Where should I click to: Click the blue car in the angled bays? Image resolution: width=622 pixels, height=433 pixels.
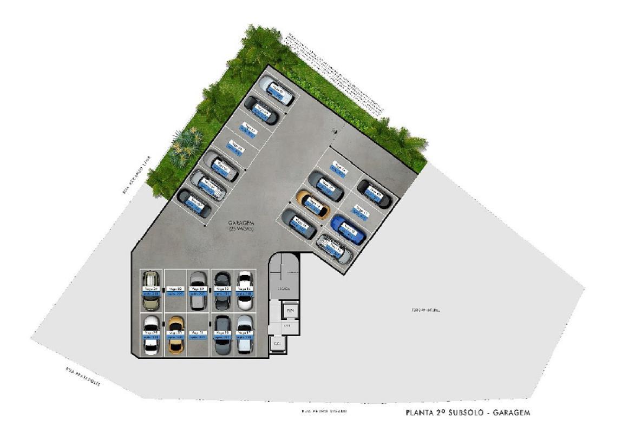[349, 229]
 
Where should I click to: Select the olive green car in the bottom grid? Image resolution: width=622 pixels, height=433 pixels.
[150, 290]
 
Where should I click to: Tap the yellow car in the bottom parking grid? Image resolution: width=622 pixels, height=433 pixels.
[175, 335]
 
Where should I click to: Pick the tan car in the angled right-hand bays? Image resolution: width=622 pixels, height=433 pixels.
[313, 204]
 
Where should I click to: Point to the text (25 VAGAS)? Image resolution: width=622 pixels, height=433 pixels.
[241, 229]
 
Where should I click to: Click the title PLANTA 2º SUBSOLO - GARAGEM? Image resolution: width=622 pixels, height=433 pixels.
[468, 412]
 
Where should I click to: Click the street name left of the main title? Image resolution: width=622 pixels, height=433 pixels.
[324, 412]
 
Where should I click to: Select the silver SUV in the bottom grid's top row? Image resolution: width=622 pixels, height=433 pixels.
[198, 290]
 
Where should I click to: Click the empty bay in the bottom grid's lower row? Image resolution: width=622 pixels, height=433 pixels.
[198, 335]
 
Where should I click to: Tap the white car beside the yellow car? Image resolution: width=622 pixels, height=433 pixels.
[151, 335]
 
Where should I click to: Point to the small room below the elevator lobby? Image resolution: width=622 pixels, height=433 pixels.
[277, 344]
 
